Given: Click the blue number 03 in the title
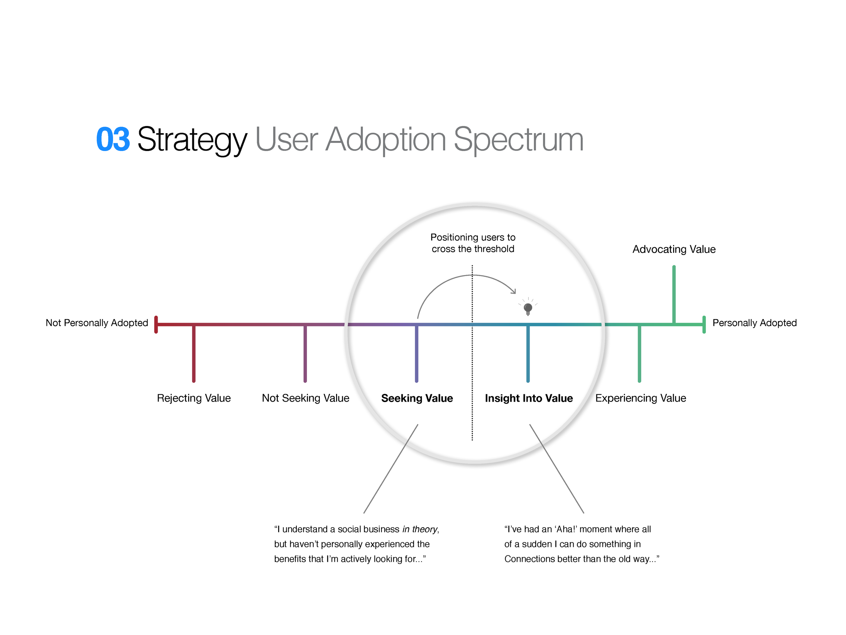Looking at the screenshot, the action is pos(113,139).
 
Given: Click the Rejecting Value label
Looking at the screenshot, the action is pos(194,398).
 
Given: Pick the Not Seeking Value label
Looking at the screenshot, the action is pos(306,398).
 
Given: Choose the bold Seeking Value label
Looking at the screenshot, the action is pos(417,398).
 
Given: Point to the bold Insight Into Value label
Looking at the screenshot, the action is pos(529,398).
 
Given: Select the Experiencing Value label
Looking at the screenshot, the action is pos(641,398).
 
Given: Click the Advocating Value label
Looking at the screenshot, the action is pos(674,249).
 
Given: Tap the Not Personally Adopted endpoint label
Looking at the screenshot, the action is pos(97,323).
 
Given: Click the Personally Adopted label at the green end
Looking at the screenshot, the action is pos(754,323).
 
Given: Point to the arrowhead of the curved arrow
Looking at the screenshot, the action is pos(514,292).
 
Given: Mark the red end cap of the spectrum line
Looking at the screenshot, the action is pos(156,324).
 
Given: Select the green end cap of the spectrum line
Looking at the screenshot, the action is pos(704,324).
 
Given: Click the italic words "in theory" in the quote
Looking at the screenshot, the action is pos(420,529).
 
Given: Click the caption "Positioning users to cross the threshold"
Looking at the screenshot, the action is pos(473,243).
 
